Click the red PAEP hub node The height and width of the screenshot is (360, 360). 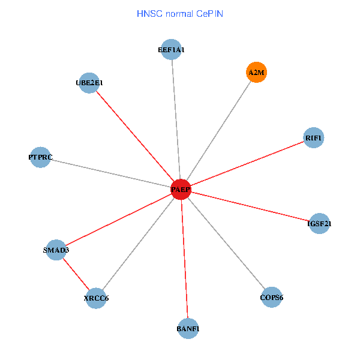pos(181,189)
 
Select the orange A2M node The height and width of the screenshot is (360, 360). pos(256,73)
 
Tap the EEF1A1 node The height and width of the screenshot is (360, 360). pos(172,50)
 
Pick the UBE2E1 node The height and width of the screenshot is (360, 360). pos(89,83)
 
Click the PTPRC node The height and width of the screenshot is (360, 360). pos(40,157)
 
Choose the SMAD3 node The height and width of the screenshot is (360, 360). pos(56,250)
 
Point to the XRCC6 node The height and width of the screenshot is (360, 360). pos(96,298)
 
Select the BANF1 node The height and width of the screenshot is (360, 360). pos(188,329)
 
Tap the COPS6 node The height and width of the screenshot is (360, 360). pos(271,298)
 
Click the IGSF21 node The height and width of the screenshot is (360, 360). pos(319,224)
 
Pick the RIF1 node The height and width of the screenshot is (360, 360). pos(314,138)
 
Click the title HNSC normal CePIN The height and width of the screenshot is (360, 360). pos(180,13)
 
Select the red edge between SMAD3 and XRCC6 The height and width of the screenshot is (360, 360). pos(76,274)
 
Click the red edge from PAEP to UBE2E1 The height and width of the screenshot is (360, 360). pos(135,136)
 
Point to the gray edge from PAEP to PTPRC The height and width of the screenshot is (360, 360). pos(110,173)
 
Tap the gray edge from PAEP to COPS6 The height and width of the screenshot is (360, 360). pos(226,244)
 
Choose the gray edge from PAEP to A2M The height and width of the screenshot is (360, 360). pos(218,131)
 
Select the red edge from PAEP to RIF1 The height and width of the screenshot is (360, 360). pos(247,163)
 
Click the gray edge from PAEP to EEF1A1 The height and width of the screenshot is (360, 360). pos(176,120)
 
